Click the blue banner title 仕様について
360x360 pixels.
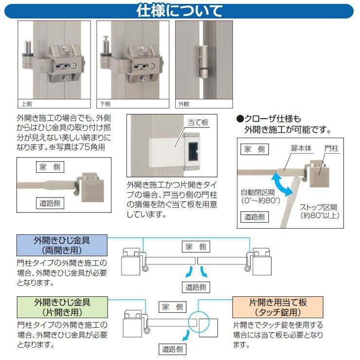click(x=180, y=11)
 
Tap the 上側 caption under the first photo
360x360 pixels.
click(x=27, y=104)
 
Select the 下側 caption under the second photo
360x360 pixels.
click(x=105, y=104)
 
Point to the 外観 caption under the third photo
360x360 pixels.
click(x=184, y=104)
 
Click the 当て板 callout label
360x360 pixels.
click(x=198, y=123)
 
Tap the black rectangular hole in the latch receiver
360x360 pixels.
click(x=193, y=151)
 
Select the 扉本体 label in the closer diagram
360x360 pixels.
click(x=301, y=148)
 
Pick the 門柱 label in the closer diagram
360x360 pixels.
click(x=331, y=148)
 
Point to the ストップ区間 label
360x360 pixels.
click(x=319, y=207)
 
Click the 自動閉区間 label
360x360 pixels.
click(x=258, y=192)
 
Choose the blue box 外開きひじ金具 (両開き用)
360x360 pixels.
click(x=62, y=245)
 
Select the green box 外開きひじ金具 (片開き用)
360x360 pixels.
click(x=62, y=307)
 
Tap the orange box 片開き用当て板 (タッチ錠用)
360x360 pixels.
click(x=278, y=307)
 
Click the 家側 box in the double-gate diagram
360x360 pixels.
click(x=196, y=247)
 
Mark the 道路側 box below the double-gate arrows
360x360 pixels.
click(x=196, y=287)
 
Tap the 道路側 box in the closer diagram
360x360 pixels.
click(x=254, y=217)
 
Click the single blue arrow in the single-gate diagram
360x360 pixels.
click(x=186, y=336)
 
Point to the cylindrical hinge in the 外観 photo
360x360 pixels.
click(x=204, y=61)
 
